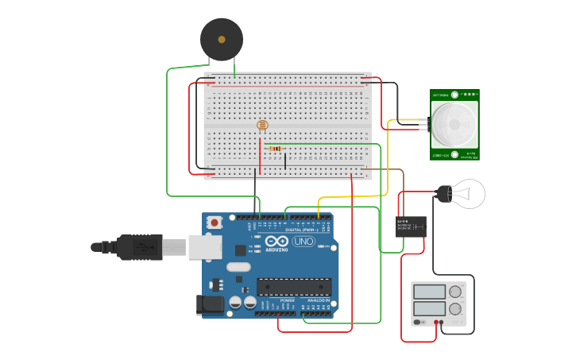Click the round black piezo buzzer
coord(222,39)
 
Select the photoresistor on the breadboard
coord(263,125)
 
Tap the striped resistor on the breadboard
coord(276,148)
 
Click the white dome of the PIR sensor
coord(454,124)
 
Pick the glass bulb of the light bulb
coord(470,194)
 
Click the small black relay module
coord(411,226)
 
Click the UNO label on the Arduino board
coord(304,241)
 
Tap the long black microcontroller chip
coord(293,286)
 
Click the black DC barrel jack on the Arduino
coord(208,303)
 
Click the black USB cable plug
coord(140,247)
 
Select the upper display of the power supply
coord(429,292)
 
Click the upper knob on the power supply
coord(455,292)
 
